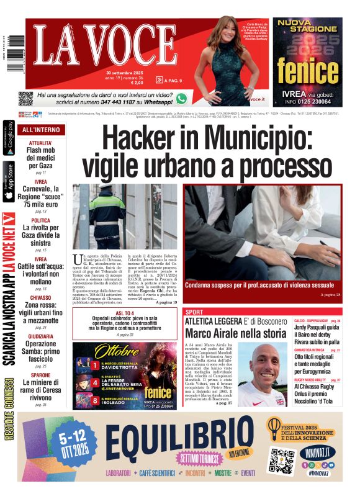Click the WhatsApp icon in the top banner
[181, 98]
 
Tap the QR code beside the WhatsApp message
[25, 98]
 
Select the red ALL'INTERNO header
[41, 130]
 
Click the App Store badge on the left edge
[9, 181]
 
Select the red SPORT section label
[194, 312]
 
